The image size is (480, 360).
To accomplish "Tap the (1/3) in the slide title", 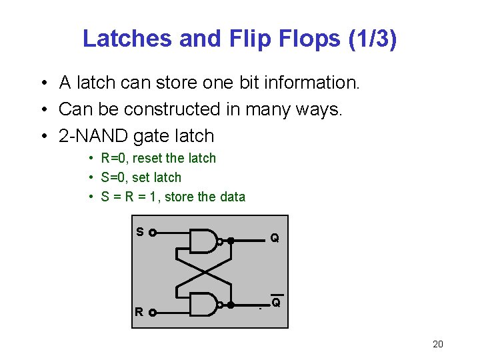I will (x=372, y=39).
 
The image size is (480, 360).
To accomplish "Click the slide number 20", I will (x=437, y=344).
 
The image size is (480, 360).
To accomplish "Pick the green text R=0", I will (x=115, y=159).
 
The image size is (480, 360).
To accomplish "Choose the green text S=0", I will (x=115, y=178).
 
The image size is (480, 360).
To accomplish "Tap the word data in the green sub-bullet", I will (x=231, y=197).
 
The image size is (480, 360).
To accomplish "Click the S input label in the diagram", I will (x=139, y=232).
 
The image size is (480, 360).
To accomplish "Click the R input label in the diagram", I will (x=139, y=311).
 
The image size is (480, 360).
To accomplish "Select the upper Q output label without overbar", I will (x=275, y=238).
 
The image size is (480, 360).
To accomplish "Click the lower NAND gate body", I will (x=203, y=305).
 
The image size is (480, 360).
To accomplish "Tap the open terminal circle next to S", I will (x=153, y=233).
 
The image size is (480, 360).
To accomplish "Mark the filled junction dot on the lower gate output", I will (x=230, y=305).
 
